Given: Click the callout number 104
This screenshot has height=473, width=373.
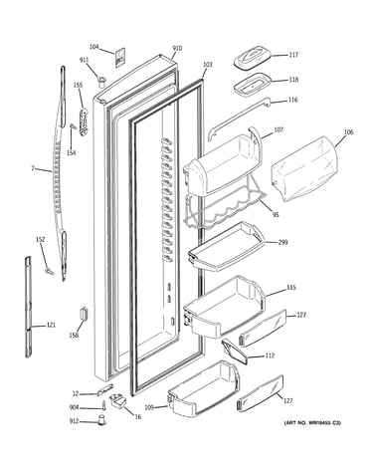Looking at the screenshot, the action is click(94, 47).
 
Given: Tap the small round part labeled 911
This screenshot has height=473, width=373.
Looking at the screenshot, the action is click(101, 81).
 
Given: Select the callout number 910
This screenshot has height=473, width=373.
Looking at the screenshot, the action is click(177, 49).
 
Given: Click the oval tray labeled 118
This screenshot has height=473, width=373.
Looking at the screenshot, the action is click(252, 84).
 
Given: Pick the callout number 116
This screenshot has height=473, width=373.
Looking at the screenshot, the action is click(292, 100).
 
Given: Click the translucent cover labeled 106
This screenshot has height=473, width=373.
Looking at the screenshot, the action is click(304, 168).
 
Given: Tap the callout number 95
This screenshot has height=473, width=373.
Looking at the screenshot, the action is click(276, 215).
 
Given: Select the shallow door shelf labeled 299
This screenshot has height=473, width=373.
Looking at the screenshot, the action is click(226, 247).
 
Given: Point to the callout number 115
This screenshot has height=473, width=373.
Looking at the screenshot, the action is click(291, 288).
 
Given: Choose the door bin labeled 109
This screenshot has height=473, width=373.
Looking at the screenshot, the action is click(203, 388).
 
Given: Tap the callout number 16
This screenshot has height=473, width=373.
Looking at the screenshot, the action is click(138, 416).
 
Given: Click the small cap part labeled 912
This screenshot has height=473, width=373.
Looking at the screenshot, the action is click(100, 419).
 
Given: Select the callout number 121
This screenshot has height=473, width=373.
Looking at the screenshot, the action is click(51, 325).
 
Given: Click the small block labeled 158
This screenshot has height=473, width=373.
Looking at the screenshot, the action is click(84, 314).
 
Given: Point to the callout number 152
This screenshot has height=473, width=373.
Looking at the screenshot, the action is click(41, 240).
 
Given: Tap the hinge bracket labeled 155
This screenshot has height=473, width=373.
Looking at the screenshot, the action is click(84, 121).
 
